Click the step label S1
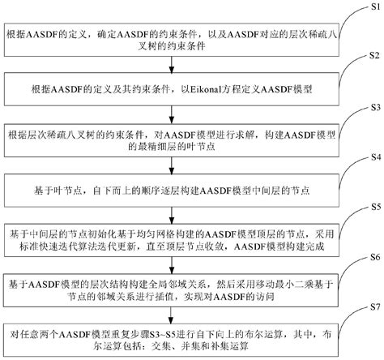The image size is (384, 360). click(368, 6)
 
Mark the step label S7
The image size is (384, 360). click(368, 310)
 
